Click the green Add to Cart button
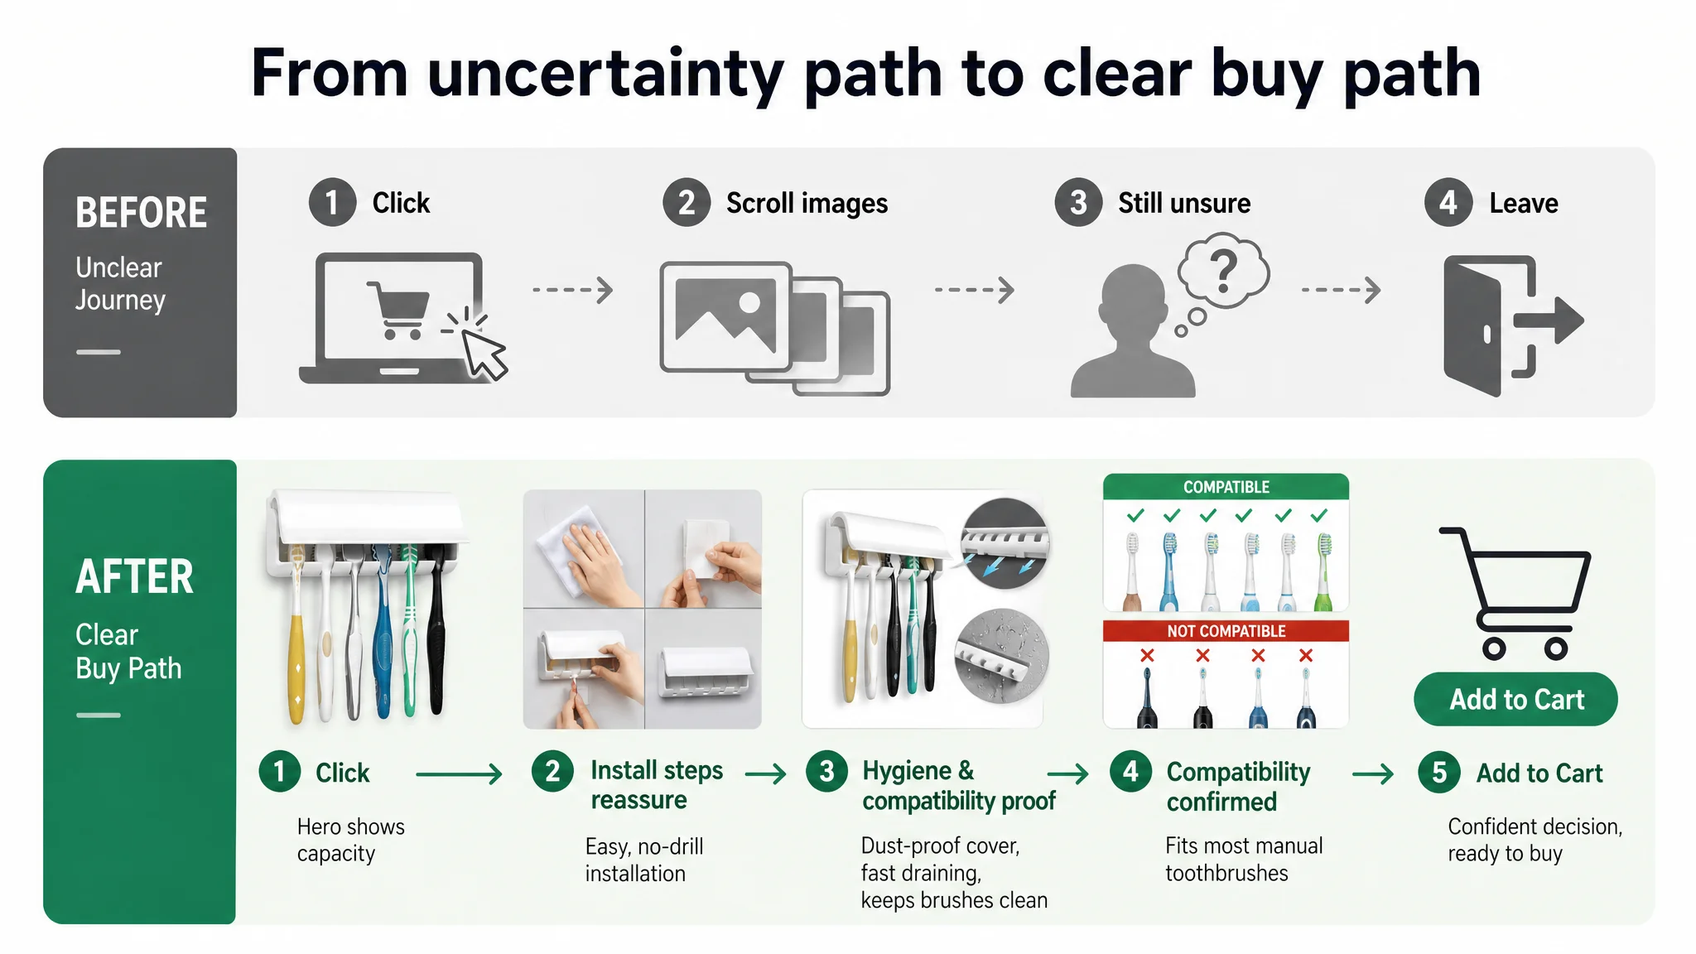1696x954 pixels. [1515, 699]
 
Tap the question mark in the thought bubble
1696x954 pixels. [1224, 271]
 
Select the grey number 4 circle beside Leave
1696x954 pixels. [1448, 203]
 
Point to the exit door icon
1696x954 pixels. [1512, 325]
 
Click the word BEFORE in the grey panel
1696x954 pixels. [142, 213]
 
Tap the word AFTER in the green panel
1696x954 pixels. [135, 576]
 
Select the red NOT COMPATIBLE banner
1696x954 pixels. [1226, 631]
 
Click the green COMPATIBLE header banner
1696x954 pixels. [1226, 487]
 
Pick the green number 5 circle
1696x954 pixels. [1439, 773]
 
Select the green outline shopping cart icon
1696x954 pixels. [1515, 593]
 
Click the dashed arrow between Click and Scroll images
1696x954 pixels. [573, 290]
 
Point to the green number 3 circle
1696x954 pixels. [826, 772]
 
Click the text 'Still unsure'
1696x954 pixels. [1184, 203]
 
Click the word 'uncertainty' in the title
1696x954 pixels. [605, 74]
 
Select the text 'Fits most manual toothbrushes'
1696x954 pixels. [1244, 859]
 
